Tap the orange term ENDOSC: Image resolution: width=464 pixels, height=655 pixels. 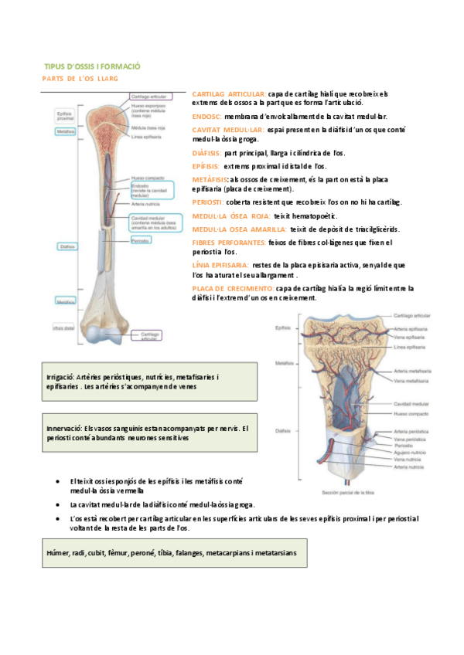point(206,116)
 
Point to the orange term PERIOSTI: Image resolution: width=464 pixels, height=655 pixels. point(208,202)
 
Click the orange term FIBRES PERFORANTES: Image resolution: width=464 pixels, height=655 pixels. point(228,243)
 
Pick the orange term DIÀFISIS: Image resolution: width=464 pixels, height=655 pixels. point(206,153)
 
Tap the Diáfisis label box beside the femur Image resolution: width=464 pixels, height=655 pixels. point(66,246)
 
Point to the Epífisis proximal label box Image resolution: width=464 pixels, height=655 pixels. point(66,115)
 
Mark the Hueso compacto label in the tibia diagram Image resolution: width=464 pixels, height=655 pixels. point(411,413)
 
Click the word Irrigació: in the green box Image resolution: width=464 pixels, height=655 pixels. point(62,376)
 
